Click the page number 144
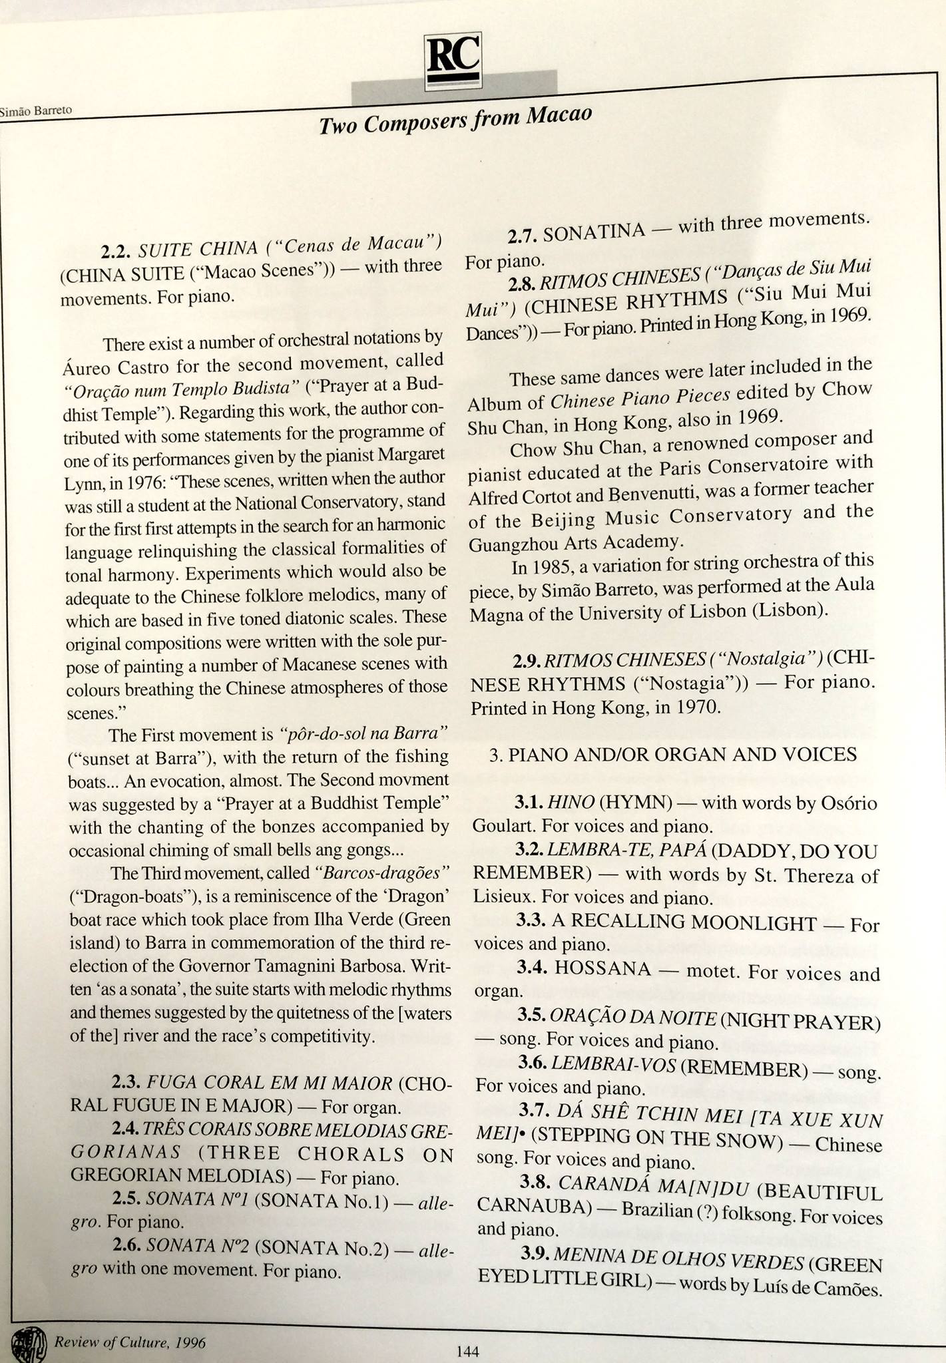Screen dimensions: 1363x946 pyautogui.click(x=467, y=1351)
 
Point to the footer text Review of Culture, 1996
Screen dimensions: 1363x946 pyautogui.click(x=130, y=1342)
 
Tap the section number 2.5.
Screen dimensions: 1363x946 pyautogui.click(x=126, y=1199)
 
